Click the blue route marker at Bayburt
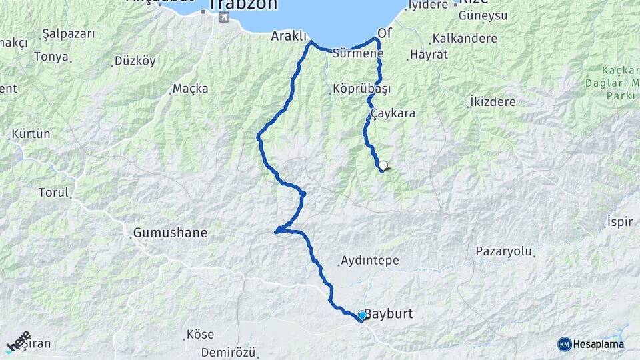pos(362,315)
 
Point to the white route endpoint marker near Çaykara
pos(383,165)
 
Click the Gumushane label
pos(170,233)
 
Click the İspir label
pos(619,222)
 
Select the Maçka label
pos(190,88)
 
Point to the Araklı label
pos(288,36)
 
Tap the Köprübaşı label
pos(361,88)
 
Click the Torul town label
pos(54,193)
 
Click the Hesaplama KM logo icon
pos(565,344)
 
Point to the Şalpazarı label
pos(68,33)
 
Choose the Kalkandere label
pos(465,38)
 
